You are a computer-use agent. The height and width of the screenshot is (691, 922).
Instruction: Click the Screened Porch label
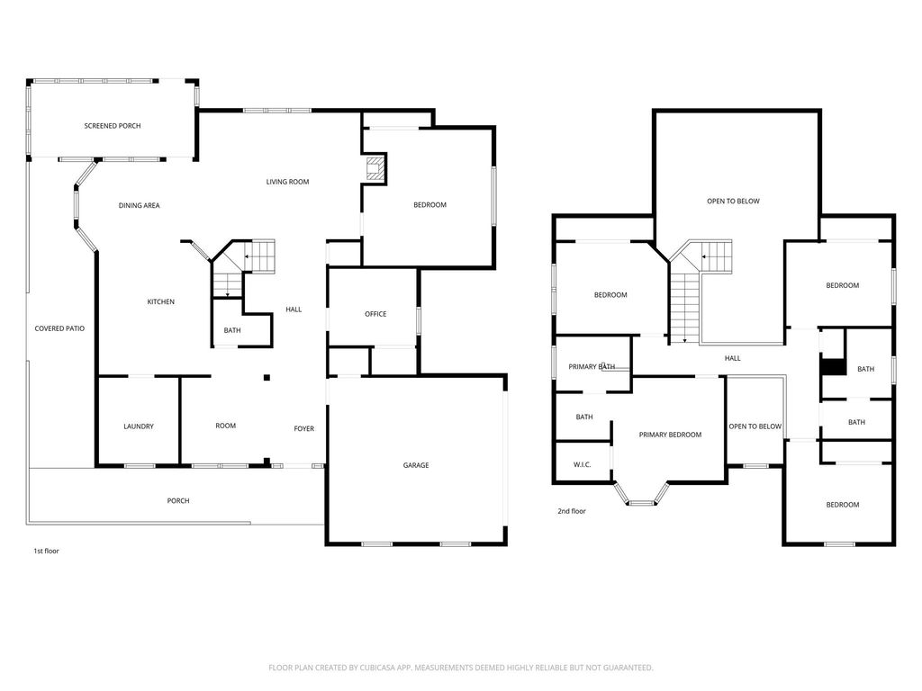[113, 126]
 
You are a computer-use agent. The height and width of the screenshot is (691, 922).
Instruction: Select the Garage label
[416, 465]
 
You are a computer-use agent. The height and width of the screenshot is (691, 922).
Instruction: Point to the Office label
[375, 314]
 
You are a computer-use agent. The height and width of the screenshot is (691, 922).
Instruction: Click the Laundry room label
[139, 426]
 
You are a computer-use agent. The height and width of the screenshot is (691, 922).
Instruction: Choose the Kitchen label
[160, 302]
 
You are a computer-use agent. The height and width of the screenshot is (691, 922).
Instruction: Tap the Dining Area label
[140, 206]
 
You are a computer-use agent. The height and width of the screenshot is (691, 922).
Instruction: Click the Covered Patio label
[59, 329]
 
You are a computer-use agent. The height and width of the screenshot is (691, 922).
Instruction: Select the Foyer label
[304, 429]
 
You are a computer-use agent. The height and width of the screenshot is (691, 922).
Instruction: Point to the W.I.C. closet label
[583, 465]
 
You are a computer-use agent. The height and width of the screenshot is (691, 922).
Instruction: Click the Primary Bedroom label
[670, 435]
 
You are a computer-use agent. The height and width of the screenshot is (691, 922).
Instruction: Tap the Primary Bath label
[592, 367]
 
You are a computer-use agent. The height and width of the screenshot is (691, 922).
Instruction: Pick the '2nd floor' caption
[572, 511]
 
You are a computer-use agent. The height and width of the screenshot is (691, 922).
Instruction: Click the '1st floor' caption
[47, 552]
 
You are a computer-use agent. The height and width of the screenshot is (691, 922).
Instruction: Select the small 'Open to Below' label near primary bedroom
[755, 426]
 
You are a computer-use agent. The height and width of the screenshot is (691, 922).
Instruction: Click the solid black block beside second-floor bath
[834, 367]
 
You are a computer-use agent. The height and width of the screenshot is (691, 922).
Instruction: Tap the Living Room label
[287, 182]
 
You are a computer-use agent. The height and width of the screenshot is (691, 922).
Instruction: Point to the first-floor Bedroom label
[429, 205]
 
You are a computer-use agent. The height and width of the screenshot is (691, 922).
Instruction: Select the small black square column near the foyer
[267, 378]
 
